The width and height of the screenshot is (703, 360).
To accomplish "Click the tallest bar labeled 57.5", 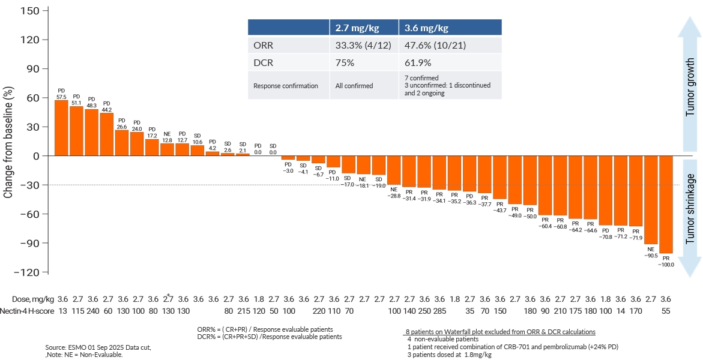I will (61, 128).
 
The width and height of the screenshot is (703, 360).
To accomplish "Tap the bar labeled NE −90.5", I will (651, 200).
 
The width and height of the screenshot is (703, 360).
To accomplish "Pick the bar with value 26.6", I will (122, 143).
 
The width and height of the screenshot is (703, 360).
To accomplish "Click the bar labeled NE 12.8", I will (167, 150).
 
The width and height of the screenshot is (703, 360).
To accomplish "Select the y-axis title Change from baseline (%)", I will (8, 142).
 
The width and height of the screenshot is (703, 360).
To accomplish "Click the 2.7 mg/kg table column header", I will (363, 28).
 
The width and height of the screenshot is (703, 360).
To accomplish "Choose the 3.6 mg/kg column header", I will (450, 28).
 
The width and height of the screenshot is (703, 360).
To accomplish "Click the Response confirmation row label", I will (285, 86).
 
